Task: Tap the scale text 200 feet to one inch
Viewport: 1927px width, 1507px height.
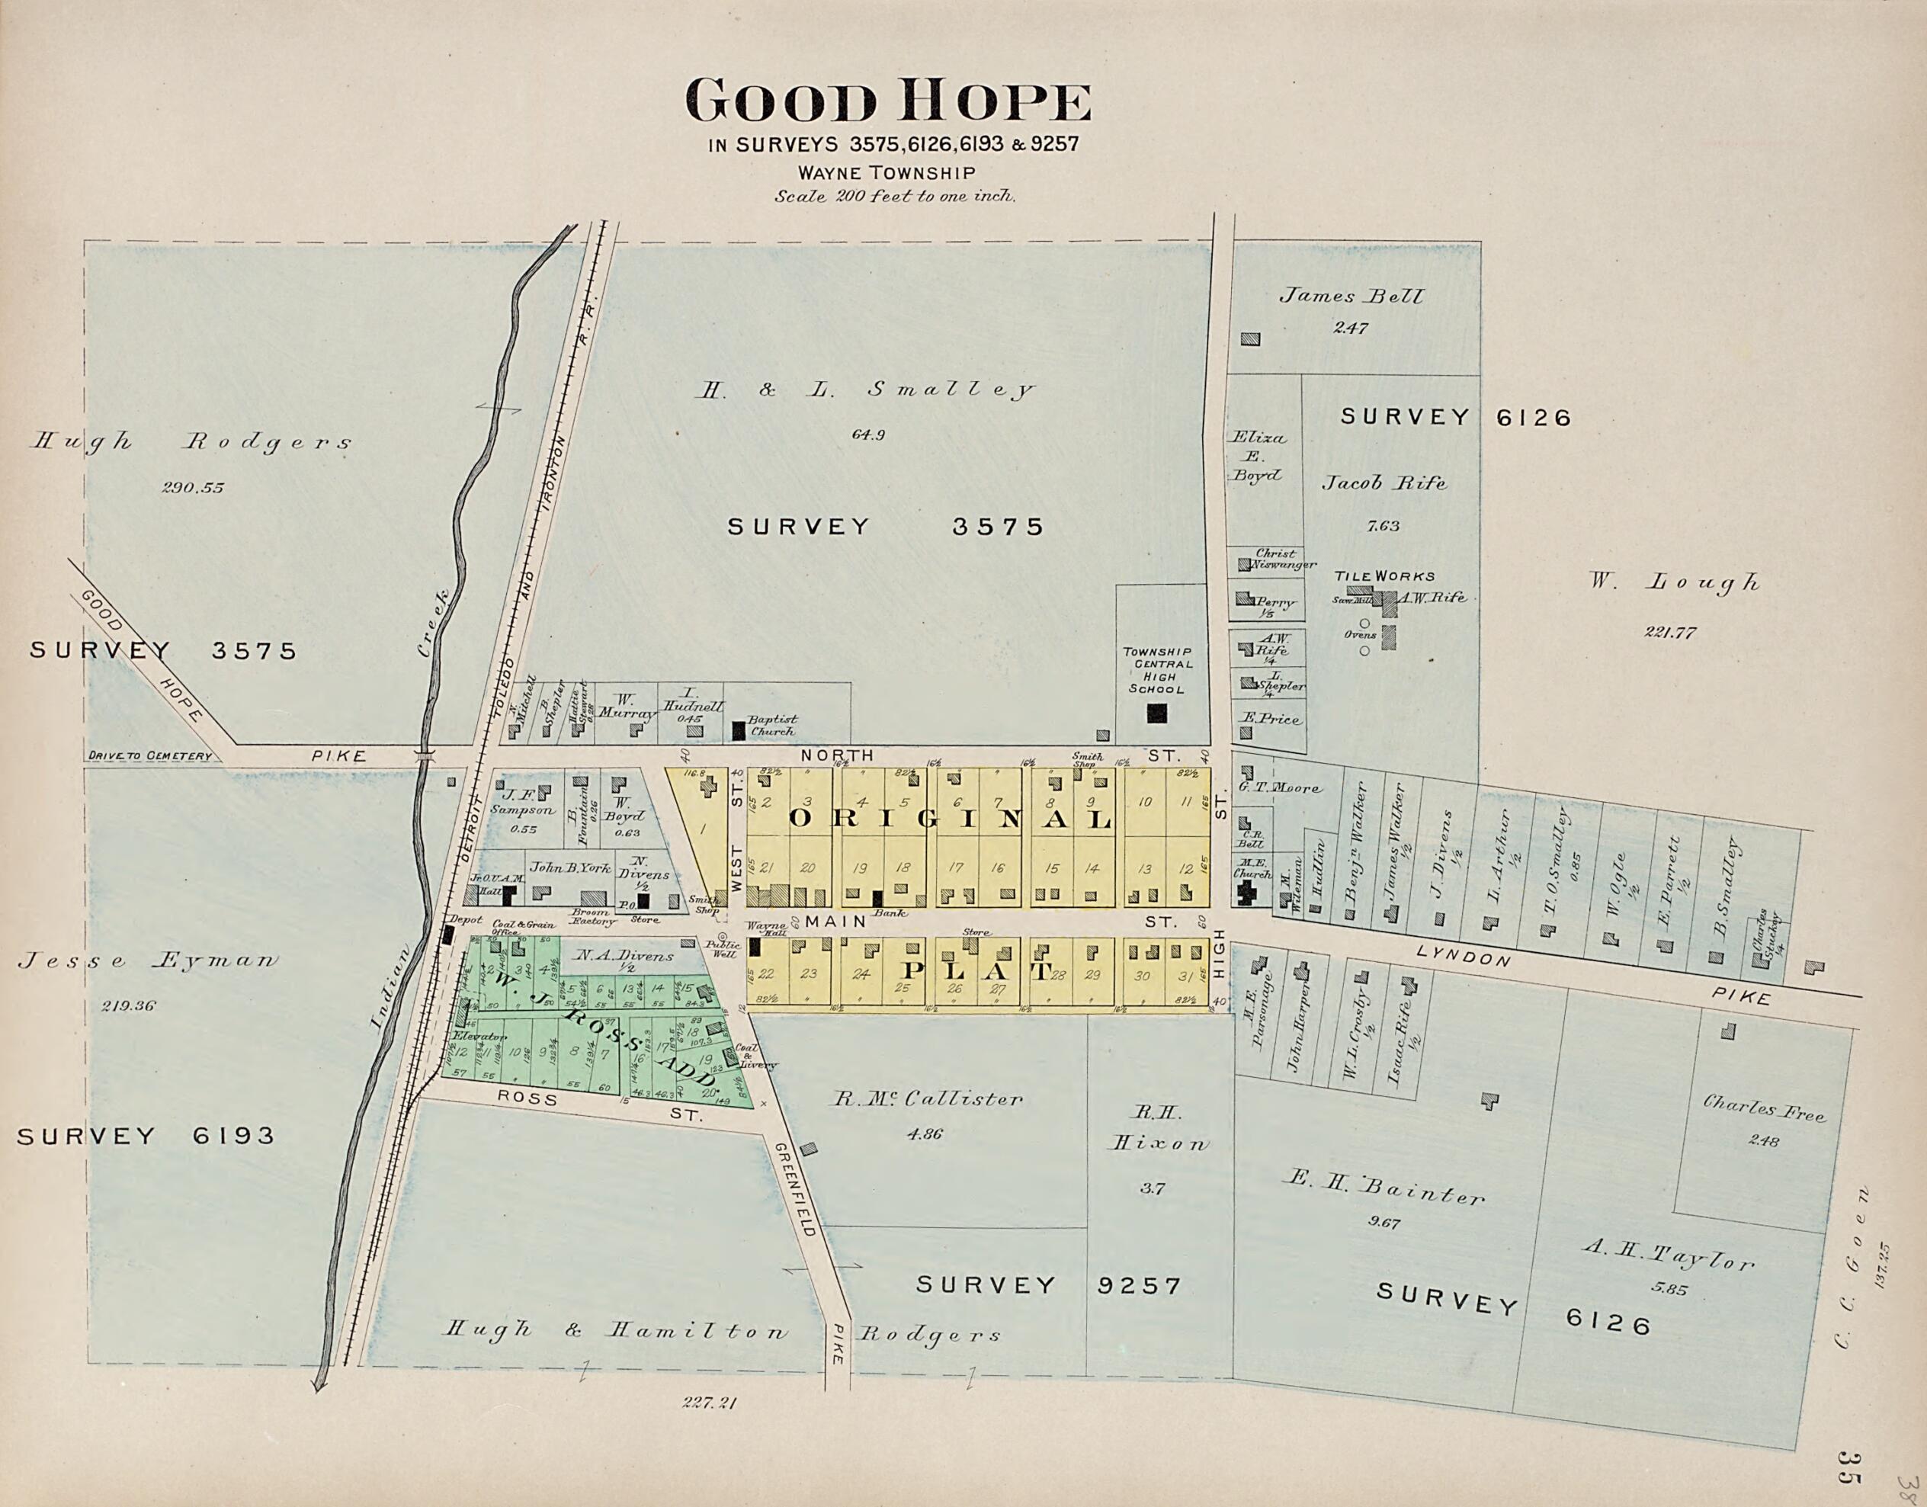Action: [895, 197]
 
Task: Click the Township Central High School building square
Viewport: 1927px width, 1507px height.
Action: [1156, 713]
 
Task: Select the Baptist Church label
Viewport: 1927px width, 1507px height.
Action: [772, 725]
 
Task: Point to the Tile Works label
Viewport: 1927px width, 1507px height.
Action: [1384, 576]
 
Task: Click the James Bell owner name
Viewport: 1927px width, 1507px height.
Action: [1351, 297]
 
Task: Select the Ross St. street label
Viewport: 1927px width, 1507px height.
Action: [527, 1099]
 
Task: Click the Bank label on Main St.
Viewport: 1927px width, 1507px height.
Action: [884, 915]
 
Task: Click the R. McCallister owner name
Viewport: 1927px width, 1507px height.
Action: [928, 1099]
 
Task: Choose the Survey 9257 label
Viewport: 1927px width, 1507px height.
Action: [1047, 1285]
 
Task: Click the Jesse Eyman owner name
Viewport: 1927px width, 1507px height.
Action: [147, 962]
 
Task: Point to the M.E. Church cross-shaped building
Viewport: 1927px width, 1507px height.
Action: [1247, 895]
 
